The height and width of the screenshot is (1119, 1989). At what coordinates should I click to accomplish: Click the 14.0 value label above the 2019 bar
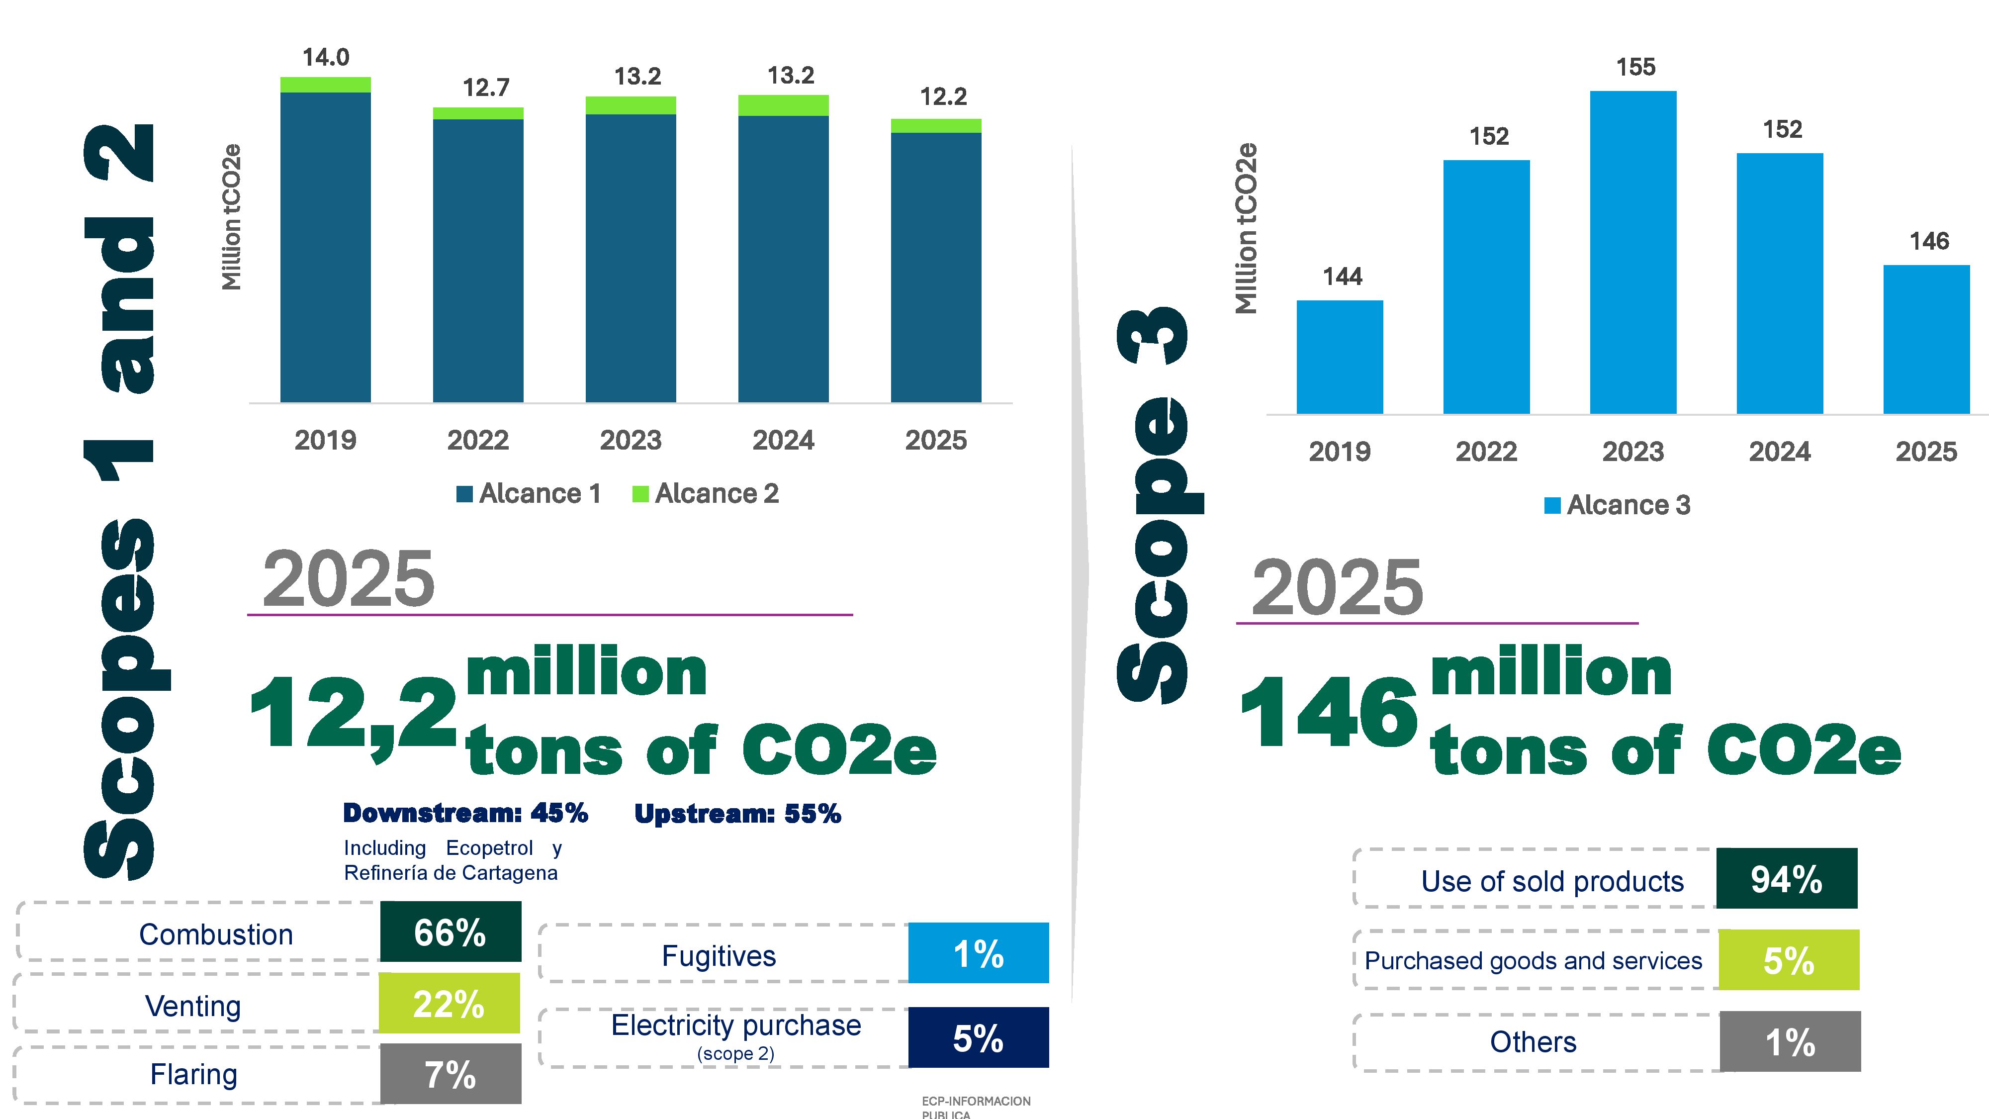coord(325,57)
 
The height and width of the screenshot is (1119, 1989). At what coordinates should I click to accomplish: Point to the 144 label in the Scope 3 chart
coord(1342,277)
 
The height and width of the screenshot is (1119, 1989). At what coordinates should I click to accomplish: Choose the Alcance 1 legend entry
coord(529,493)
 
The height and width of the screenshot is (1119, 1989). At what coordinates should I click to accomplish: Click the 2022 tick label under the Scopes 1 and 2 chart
coord(478,440)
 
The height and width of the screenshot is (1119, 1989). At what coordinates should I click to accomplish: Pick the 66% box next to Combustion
coord(450,932)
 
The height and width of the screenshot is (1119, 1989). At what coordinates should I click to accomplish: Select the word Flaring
coord(194,1074)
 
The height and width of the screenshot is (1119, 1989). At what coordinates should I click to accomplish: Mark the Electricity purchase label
coord(736,1026)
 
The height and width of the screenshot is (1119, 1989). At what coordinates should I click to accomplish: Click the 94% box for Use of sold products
coord(1787,878)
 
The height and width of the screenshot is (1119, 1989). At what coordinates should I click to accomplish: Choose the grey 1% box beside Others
coord(1790,1042)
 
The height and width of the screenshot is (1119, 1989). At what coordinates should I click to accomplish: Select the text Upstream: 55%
coord(737,813)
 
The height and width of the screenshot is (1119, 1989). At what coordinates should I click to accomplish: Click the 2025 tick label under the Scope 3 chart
coord(1926,452)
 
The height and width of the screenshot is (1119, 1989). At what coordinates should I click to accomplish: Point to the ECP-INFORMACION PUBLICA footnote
coord(976,1107)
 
